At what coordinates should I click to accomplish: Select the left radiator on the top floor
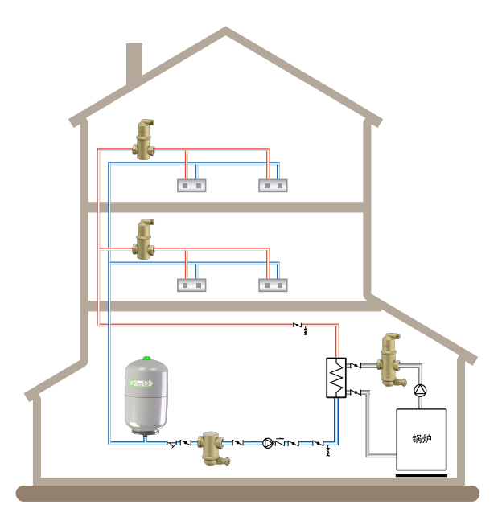point(191,186)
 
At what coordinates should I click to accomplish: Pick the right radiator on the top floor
point(273,186)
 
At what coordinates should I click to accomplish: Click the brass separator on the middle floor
point(146,240)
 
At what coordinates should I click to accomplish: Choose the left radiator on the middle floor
point(191,285)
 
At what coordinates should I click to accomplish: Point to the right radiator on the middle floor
point(273,285)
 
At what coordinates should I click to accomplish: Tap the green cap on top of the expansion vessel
point(147,359)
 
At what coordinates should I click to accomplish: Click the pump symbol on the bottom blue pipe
point(268,442)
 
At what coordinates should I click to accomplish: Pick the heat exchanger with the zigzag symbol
point(335,377)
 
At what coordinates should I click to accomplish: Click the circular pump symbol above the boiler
point(419,392)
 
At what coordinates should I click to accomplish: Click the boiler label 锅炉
point(422,439)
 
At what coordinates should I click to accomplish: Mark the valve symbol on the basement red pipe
point(300,326)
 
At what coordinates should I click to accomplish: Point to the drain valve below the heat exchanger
point(327,452)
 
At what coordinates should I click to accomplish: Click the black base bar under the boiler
point(421,474)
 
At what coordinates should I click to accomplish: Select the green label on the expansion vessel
point(146,383)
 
